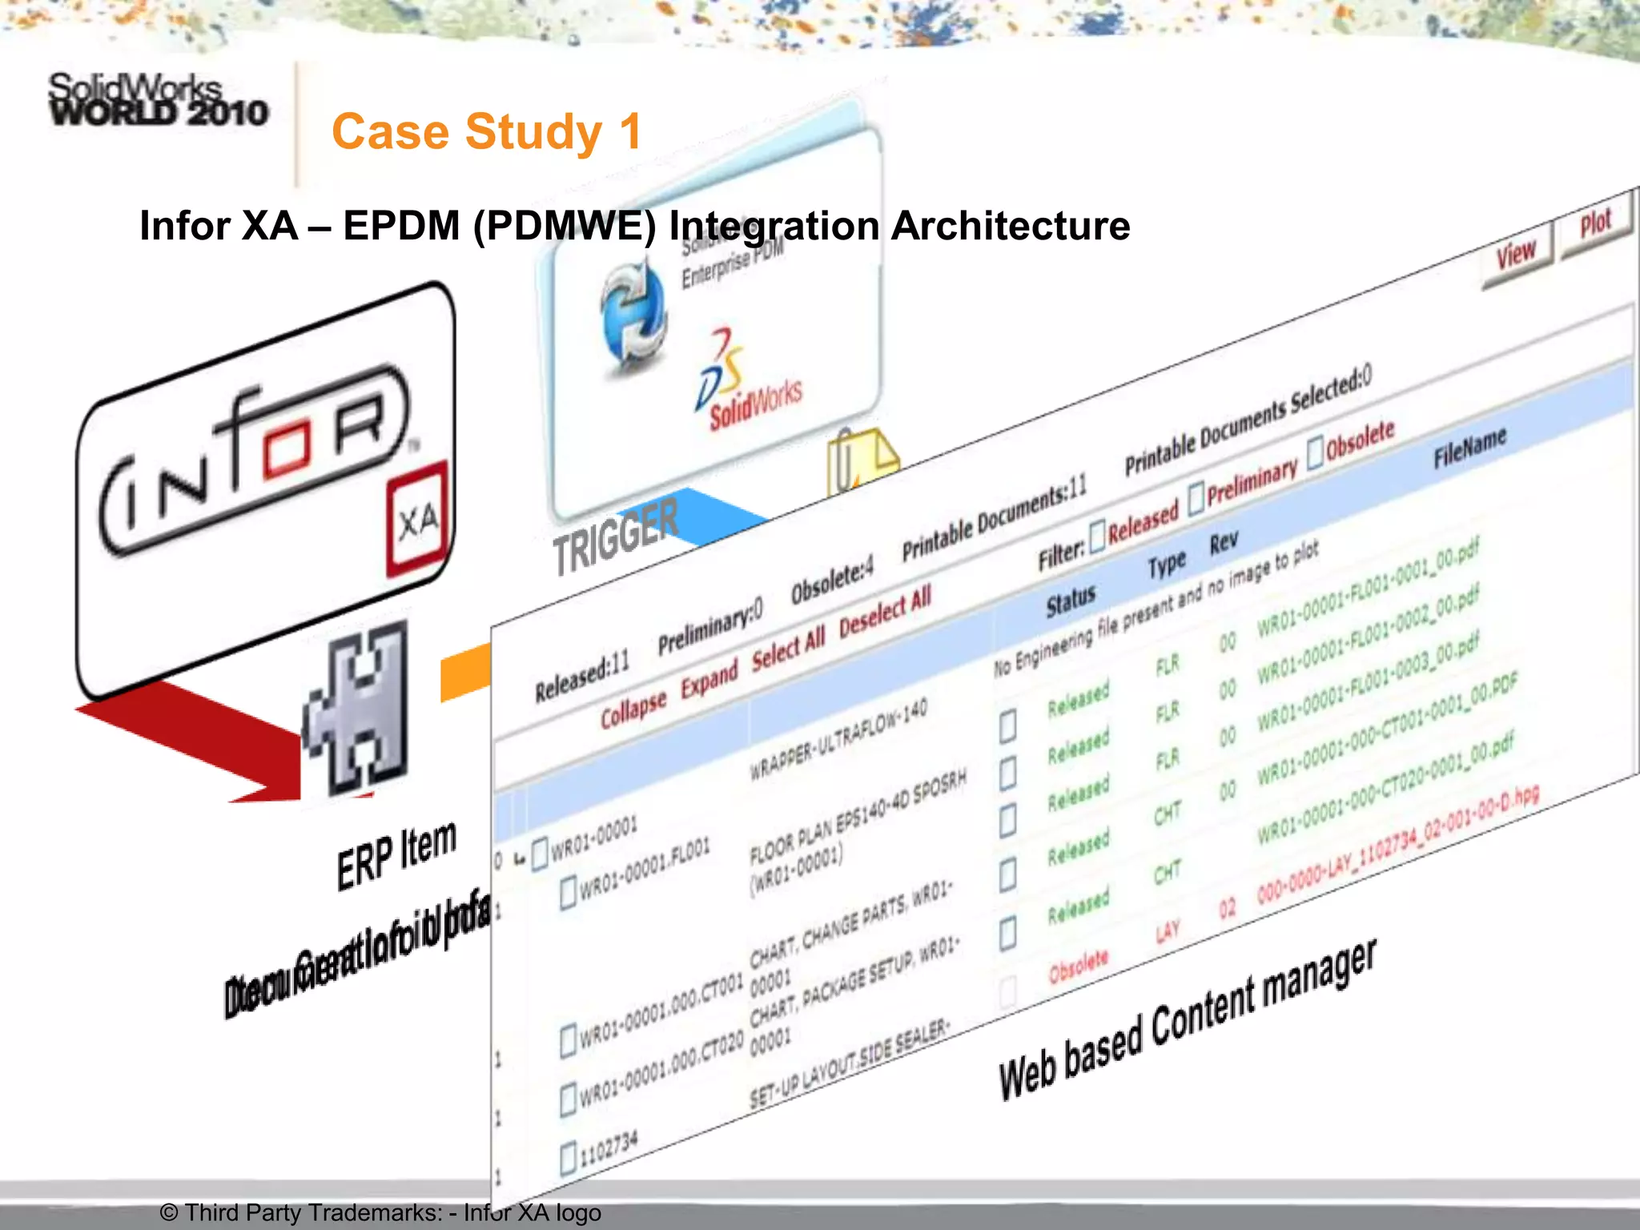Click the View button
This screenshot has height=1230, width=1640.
pos(1516,255)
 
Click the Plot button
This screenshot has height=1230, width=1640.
pos(1595,223)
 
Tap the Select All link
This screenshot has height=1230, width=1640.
pos(788,649)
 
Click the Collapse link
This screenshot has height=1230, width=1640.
pos(633,708)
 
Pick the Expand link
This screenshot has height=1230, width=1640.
pos(709,679)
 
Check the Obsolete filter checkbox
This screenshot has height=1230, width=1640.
pos(1315,453)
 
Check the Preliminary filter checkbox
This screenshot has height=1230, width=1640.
pos(1196,499)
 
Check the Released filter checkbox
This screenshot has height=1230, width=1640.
pos(1097,535)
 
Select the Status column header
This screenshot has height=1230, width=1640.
pos(1071,601)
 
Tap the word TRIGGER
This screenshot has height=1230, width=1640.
pos(615,535)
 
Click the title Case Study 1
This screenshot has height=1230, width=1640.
pos(486,132)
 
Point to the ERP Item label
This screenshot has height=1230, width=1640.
pos(396,855)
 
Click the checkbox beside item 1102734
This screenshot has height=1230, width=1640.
pos(569,1159)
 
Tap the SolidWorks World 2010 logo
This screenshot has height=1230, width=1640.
pos(158,100)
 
